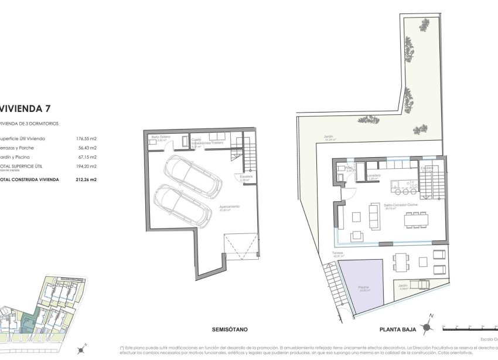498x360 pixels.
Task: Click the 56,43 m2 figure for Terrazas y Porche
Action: click(x=87, y=148)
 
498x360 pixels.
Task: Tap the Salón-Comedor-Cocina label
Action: click(x=401, y=205)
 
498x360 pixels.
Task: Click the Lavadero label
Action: click(x=375, y=175)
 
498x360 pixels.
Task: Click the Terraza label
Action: click(x=337, y=253)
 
